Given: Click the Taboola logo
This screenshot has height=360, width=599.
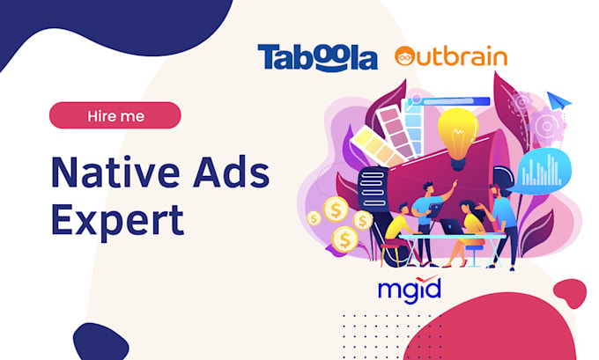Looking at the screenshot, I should point(317,57).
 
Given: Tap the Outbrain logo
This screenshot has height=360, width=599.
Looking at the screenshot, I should point(450,57).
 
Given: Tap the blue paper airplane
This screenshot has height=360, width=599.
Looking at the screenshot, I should point(558,102).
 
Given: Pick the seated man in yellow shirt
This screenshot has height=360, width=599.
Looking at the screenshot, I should point(398,231).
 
